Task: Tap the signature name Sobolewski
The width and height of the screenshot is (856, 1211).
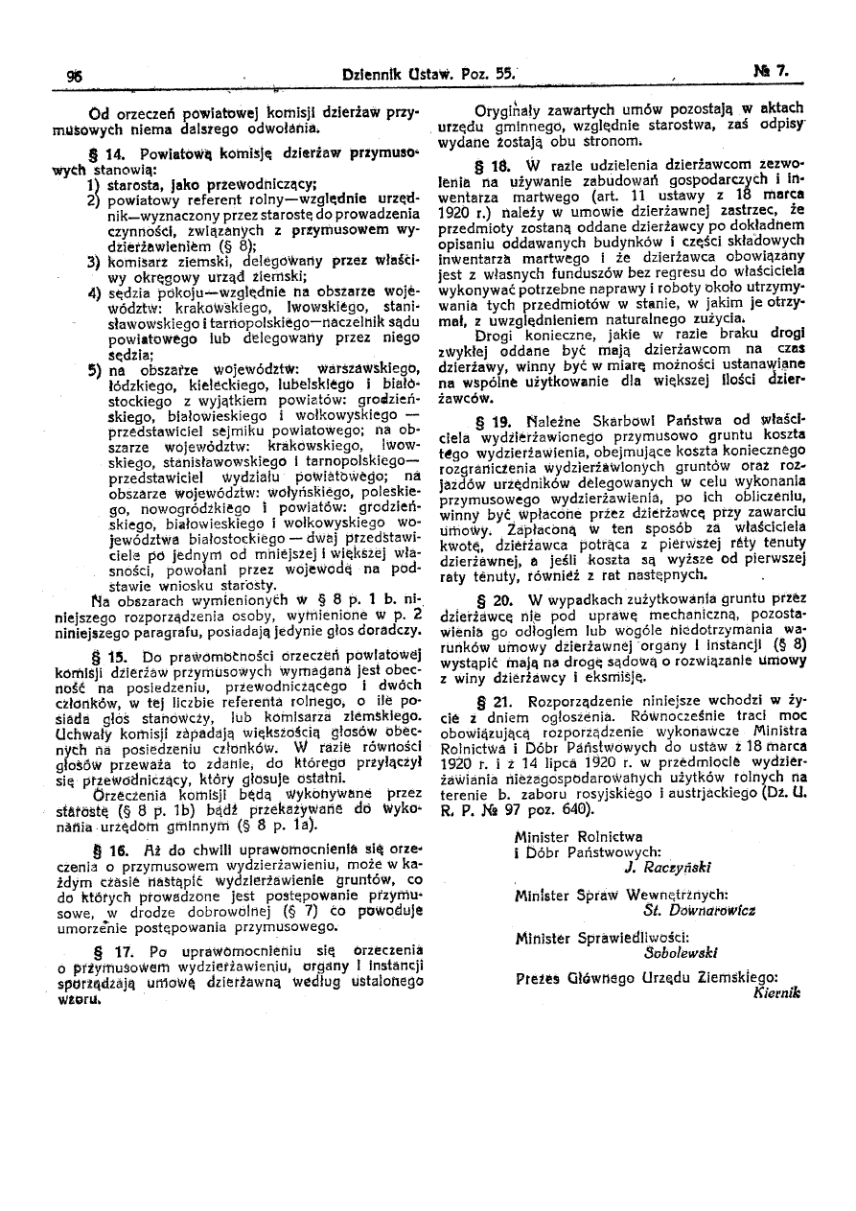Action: (682, 952)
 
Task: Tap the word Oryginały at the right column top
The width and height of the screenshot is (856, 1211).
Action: (513, 109)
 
